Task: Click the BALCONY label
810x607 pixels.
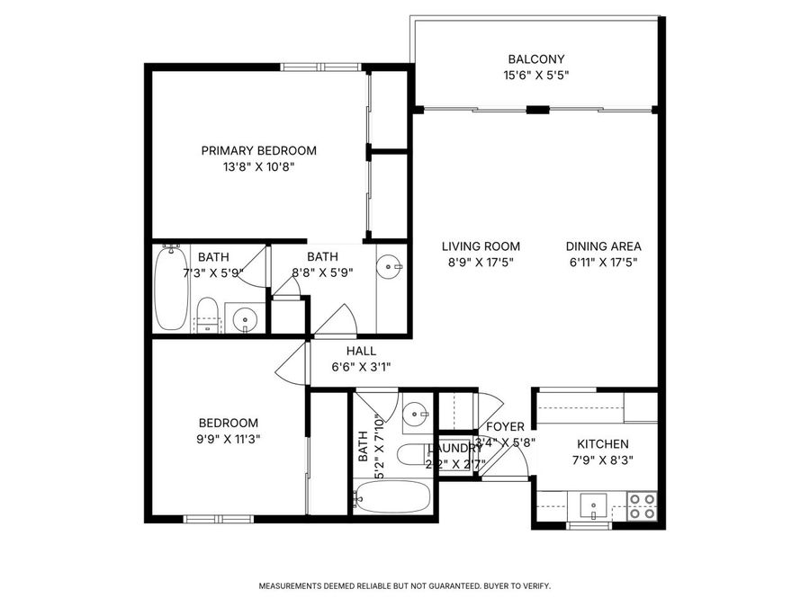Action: (x=535, y=59)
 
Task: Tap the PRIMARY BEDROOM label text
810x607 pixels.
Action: (x=258, y=150)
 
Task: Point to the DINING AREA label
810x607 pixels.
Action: (x=603, y=246)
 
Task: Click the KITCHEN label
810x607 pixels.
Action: (x=602, y=443)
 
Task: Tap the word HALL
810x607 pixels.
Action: (x=361, y=351)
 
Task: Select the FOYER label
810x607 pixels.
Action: (x=505, y=426)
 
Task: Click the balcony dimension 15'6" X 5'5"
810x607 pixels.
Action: (x=535, y=76)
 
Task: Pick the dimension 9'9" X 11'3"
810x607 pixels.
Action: (x=229, y=439)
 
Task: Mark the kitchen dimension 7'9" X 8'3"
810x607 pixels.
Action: (x=602, y=460)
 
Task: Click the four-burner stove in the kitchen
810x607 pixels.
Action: (x=642, y=506)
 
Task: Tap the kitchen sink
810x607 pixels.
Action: (x=593, y=506)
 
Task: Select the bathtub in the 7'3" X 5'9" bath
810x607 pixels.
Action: (x=169, y=289)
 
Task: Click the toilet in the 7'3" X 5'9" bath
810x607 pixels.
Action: (x=208, y=316)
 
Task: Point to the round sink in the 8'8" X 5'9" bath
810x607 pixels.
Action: (x=390, y=266)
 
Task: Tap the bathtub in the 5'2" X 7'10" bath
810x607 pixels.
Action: (x=393, y=496)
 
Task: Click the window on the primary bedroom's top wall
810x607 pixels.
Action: (x=315, y=66)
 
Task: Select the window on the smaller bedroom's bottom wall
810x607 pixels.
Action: (x=219, y=518)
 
